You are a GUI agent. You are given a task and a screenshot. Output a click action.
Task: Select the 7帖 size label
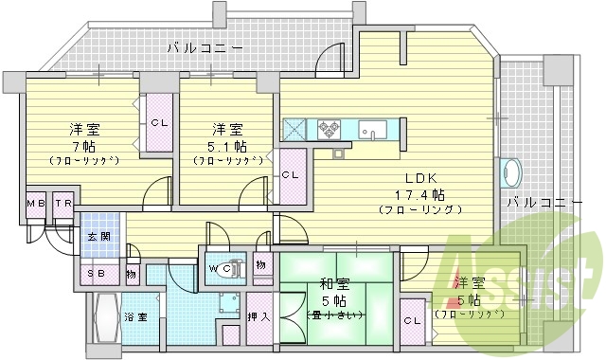coord(83,147)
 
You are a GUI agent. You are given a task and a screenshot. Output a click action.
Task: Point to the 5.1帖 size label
coord(228,147)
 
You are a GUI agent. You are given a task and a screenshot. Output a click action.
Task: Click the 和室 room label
coord(330,283)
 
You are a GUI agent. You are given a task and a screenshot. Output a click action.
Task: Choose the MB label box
coord(36,204)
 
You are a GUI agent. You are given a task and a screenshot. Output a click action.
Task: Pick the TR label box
coord(63,204)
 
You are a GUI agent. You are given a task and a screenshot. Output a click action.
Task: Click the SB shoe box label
coord(97,274)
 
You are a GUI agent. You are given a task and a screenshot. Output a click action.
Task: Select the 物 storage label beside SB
coord(130,274)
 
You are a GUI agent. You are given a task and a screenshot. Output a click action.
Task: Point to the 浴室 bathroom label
coord(135,317)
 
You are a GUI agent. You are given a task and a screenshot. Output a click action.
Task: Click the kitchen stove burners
coord(330,128)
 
